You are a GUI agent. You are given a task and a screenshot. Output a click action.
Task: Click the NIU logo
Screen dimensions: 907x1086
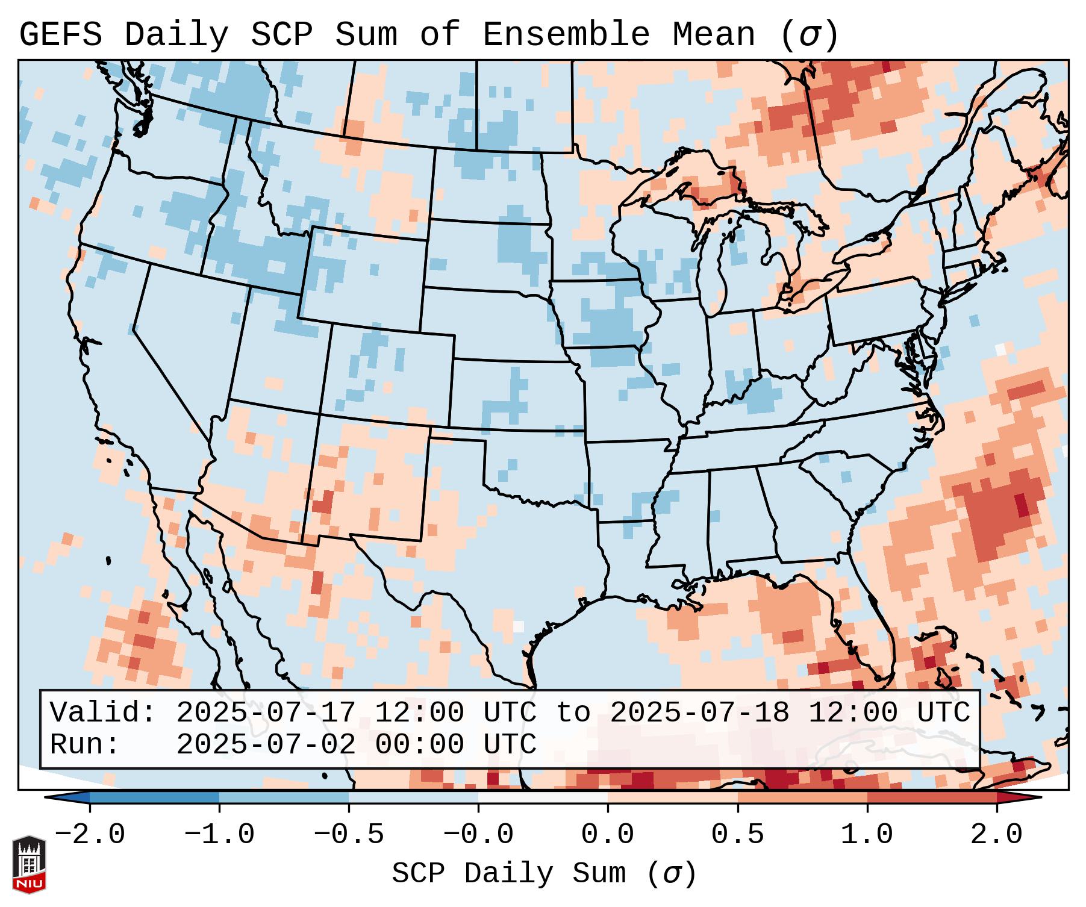point(29,864)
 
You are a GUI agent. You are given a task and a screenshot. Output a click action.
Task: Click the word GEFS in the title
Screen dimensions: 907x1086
point(60,35)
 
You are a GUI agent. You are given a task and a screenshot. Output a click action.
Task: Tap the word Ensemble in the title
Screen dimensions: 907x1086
point(566,35)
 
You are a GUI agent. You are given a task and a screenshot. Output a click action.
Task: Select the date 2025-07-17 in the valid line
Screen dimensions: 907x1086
point(266,713)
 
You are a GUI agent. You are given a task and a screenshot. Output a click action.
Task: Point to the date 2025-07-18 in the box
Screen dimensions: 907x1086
point(699,713)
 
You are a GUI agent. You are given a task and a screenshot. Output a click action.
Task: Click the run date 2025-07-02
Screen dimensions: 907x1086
point(266,745)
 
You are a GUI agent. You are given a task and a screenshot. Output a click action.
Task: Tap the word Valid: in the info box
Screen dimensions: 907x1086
point(103,713)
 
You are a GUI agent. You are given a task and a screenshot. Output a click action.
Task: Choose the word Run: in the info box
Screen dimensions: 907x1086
point(85,745)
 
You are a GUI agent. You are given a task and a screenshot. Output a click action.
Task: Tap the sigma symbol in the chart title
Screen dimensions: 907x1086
point(809,35)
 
